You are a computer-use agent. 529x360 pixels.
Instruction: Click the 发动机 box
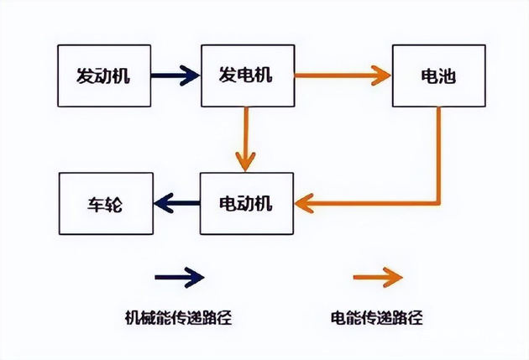pos(103,76)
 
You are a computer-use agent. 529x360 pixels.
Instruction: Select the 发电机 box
pos(248,76)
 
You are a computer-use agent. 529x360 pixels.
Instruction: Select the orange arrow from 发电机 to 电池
pos(343,76)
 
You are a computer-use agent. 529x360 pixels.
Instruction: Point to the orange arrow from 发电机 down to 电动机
pos(245,138)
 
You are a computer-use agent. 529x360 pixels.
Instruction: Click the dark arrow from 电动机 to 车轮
pos(175,202)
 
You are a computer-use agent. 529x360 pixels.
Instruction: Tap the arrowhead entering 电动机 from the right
pos(305,202)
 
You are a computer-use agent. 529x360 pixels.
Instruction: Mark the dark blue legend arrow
pos(178,276)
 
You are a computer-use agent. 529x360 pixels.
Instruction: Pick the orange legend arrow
pos(377,276)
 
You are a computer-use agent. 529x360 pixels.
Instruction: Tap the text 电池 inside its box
pos(437,76)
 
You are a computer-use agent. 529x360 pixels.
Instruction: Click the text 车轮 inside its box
pos(105,203)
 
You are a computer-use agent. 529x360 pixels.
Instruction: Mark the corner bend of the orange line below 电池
pos(438,202)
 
